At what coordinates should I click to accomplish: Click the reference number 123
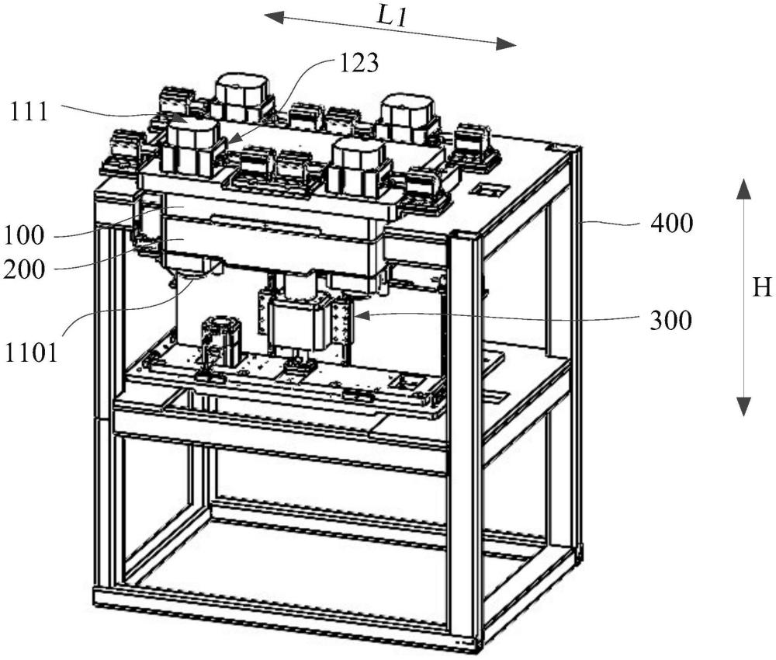point(359,64)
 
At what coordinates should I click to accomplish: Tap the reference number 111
point(29,112)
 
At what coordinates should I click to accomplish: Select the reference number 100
point(24,236)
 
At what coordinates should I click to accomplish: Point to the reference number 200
point(24,270)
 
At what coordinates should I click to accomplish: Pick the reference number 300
point(670,321)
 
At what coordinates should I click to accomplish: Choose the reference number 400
point(671,224)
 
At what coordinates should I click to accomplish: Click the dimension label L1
point(391,18)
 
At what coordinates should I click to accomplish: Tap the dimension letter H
point(762,287)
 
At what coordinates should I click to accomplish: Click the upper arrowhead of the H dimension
point(743,189)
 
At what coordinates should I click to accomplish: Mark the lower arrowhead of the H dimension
point(743,406)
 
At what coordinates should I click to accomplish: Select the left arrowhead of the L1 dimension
point(274,18)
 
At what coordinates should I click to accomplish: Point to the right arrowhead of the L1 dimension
point(506,44)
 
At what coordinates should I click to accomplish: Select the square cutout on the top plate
point(488,189)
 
